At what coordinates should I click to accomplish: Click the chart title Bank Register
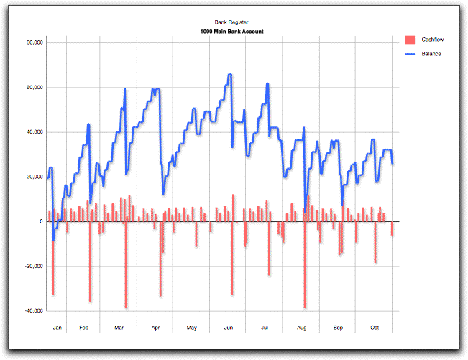point(231,23)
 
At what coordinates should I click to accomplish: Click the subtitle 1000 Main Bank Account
point(231,32)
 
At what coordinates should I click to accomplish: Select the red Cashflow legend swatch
point(410,39)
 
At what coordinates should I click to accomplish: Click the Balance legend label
point(431,54)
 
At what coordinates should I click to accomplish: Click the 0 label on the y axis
point(41,222)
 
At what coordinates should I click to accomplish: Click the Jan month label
point(57,328)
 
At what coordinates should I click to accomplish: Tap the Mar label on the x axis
point(119,328)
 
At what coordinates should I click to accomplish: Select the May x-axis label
point(192,328)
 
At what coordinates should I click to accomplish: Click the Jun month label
point(229,328)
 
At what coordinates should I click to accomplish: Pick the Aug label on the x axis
point(302,328)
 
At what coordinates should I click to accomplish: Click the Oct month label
point(375,328)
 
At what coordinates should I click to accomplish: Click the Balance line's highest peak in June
point(229,74)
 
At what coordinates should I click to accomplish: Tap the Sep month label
point(338,328)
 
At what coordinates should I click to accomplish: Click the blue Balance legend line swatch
point(410,54)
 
